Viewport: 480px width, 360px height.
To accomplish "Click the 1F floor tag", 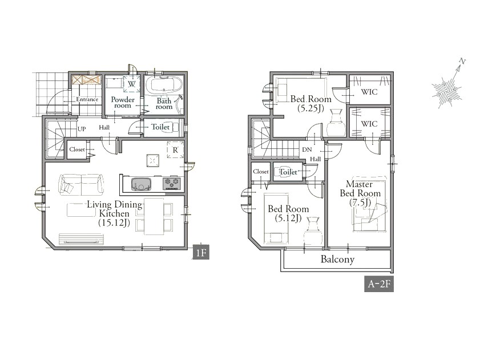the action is coord(200,253).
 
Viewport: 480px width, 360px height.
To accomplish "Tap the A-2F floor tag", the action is coord(379,284).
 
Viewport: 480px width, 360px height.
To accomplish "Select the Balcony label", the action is coord(337,259).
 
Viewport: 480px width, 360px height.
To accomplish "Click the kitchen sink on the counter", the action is coord(142,184).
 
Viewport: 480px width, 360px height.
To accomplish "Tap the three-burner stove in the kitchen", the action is coord(172,183).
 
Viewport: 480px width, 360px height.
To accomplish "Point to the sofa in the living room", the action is coord(81,184).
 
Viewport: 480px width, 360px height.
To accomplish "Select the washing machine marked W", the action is coord(132,83).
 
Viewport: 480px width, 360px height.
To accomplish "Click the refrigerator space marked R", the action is coord(175,150).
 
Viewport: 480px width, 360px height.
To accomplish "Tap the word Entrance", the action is coord(87,99).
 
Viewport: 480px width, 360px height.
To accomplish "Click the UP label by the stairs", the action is coord(82,129).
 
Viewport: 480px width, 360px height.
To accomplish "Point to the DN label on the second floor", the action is coord(306,149).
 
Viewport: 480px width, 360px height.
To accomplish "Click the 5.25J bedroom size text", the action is coord(310,108).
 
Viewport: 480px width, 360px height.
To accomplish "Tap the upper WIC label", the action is coord(369,91).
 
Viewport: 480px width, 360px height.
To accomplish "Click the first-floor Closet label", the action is coord(77,149).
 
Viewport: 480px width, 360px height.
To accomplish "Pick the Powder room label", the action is coord(123,102).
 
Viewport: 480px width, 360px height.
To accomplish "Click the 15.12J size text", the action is coord(114,223).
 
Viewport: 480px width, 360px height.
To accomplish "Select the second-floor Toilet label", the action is coord(288,172).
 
